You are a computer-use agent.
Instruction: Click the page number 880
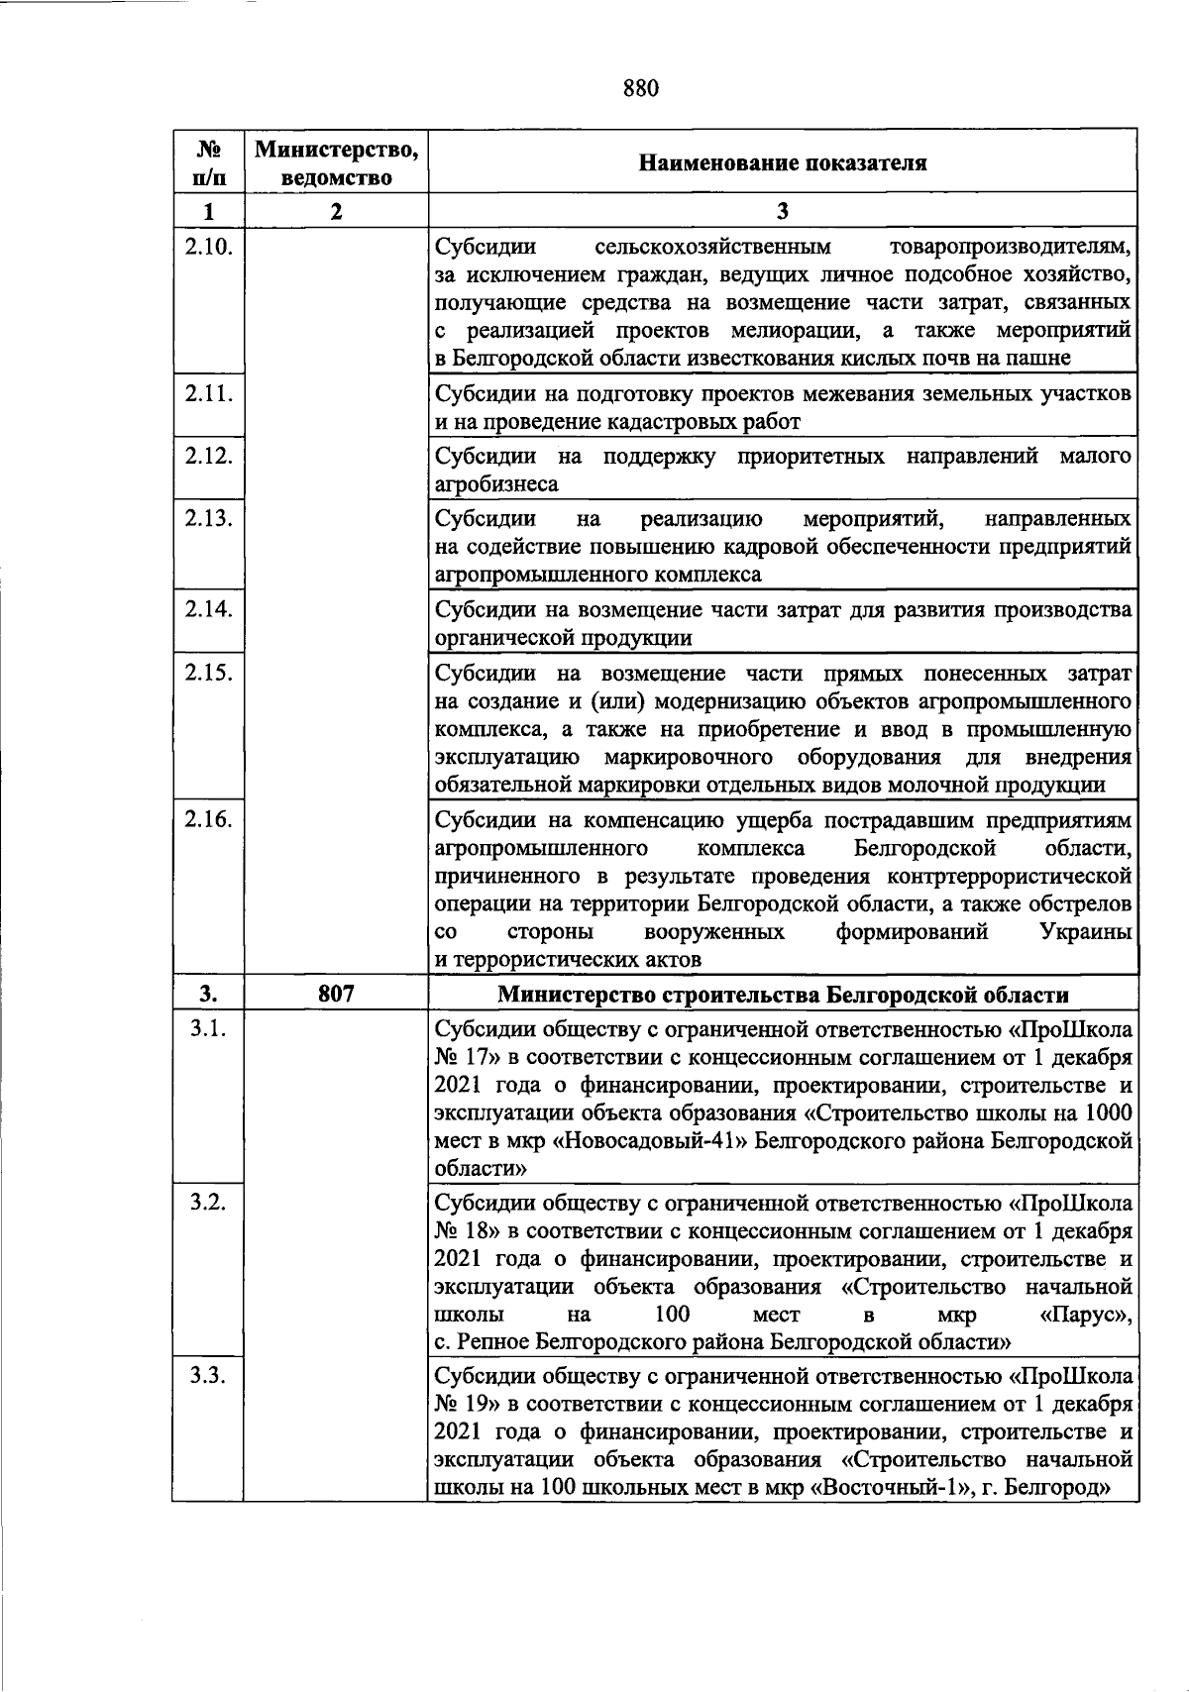(641, 89)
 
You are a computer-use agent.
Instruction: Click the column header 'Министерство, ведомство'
(336, 163)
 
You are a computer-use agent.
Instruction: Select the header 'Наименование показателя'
(783, 163)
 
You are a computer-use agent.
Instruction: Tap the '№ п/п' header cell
(208, 163)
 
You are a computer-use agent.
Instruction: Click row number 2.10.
(208, 247)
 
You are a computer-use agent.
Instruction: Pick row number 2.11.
(208, 393)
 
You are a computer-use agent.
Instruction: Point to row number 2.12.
(208, 456)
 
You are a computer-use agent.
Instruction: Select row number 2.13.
(208, 518)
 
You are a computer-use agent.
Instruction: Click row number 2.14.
(208, 609)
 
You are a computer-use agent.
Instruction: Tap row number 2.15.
(208, 673)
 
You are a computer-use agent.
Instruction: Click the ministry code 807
(336, 994)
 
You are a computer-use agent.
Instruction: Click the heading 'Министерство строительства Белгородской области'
(783, 995)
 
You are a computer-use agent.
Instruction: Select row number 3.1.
(208, 1028)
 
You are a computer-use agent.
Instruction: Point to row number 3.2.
(208, 1203)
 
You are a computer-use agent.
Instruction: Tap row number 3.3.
(208, 1376)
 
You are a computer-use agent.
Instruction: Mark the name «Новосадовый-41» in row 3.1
(655, 1141)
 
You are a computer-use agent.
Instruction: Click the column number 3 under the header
(783, 211)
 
